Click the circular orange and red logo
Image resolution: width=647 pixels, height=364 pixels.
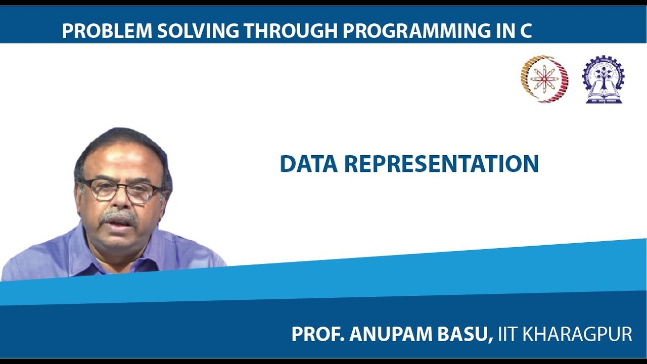544,79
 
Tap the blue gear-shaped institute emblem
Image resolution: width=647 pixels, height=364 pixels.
603,79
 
